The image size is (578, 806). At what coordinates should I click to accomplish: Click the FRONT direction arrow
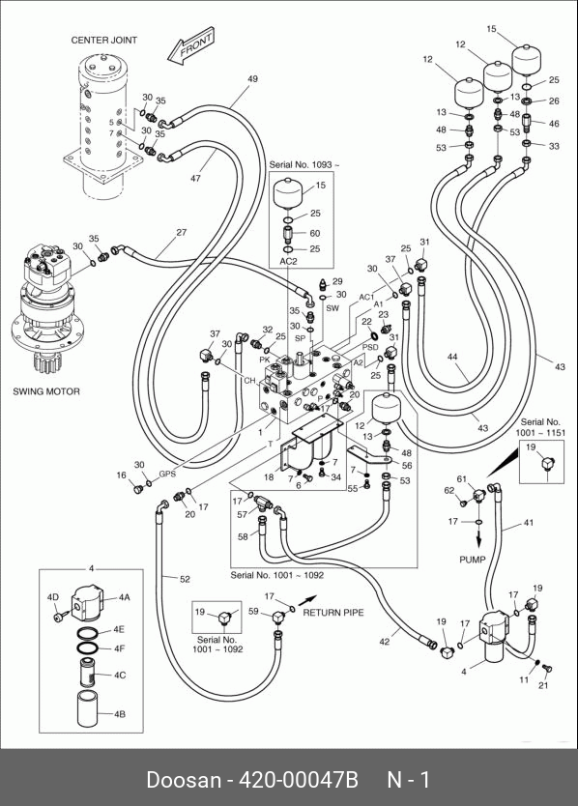(x=190, y=47)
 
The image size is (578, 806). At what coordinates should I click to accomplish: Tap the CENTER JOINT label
(x=103, y=40)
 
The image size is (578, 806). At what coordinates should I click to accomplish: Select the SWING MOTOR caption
(x=46, y=391)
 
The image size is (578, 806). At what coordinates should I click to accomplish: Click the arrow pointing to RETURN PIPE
(x=307, y=599)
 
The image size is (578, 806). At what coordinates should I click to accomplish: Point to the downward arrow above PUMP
(x=478, y=538)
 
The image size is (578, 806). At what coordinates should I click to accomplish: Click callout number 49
(x=252, y=79)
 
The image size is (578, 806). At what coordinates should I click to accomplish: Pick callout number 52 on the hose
(x=186, y=579)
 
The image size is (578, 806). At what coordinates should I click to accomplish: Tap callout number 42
(x=385, y=642)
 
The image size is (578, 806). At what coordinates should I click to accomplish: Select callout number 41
(x=529, y=523)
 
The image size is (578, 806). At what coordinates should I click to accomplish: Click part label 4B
(x=119, y=714)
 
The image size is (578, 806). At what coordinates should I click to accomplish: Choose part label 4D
(x=53, y=597)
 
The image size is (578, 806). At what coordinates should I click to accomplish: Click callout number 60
(x=315, y=233)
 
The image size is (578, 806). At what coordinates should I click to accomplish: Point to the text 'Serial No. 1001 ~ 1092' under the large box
(x=277, y=575)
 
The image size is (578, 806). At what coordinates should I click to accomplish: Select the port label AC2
(x=288, y=261)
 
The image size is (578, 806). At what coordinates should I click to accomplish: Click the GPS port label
(x=167, y=474)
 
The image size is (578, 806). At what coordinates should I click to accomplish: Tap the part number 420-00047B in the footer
(x=299, y=780)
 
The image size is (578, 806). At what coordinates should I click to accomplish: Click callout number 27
(x=182, y=232)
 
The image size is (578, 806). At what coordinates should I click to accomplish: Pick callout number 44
(x=452, y=357)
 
